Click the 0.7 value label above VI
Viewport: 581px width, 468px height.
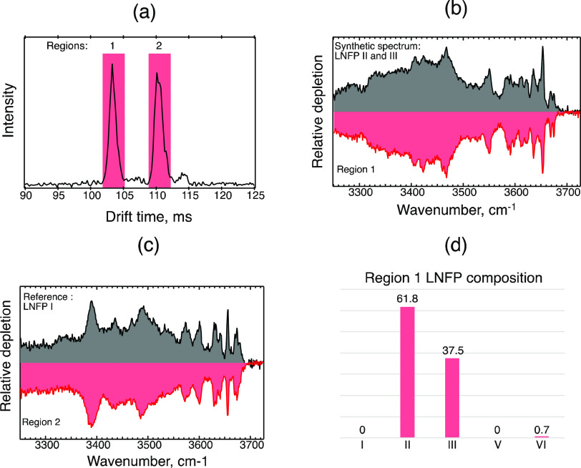tap(542, 429)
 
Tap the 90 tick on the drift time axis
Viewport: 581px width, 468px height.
tap(25, 195)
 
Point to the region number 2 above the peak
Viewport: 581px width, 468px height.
tap(159, 47)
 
